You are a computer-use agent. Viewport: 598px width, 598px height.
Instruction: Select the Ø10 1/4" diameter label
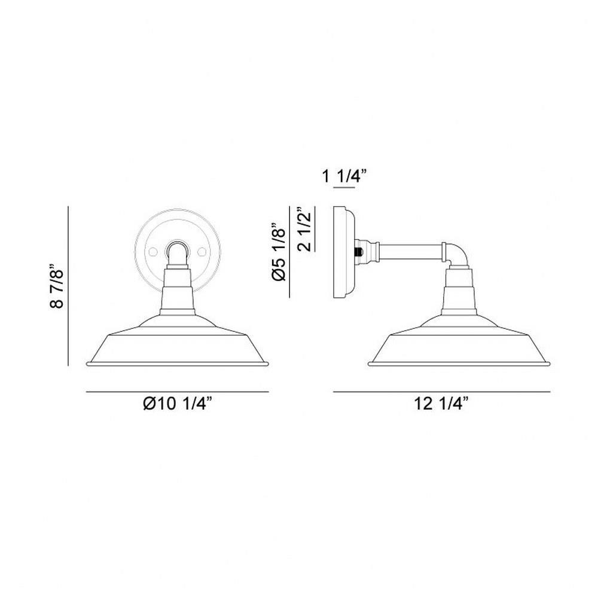tap(177, 403)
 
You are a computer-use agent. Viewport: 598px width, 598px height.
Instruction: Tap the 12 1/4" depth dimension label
tap(441, 403)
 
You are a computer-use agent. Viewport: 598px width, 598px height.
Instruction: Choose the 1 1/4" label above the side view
tap(344, 176)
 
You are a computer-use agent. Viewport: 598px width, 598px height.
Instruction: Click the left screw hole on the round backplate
tap(153, 252)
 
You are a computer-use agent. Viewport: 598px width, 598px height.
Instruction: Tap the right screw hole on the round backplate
tap(202, 252)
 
